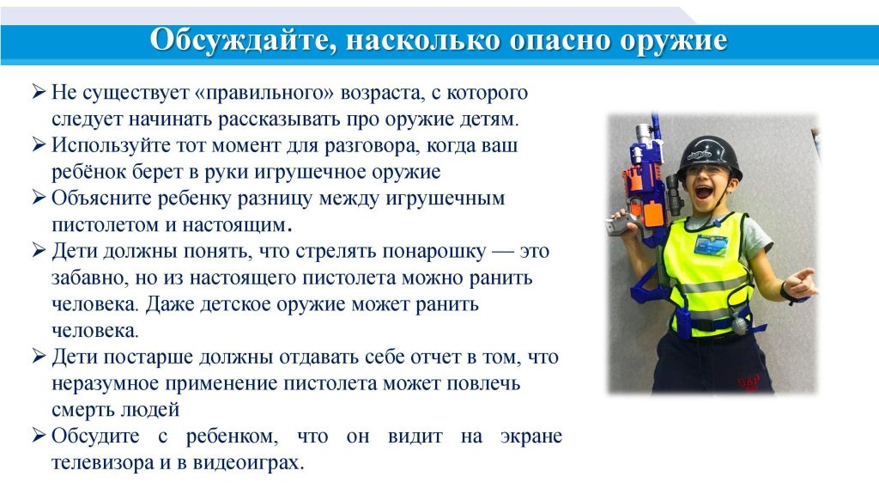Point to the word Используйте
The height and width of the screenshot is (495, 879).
click(x=110, y=145)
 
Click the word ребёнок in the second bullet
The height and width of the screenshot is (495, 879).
click(x=88, y=172)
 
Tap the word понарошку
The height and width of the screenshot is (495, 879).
click(x=433, y=252)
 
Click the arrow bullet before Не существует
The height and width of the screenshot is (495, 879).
click(x=38, y=91)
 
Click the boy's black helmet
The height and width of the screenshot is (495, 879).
click(x=709, y=154)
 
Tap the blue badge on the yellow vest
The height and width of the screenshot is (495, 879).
click(x=710, y=245)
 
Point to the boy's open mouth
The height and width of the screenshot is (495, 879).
click(x=705, y=193)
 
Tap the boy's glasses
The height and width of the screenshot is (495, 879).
click(x=706, y=171)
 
